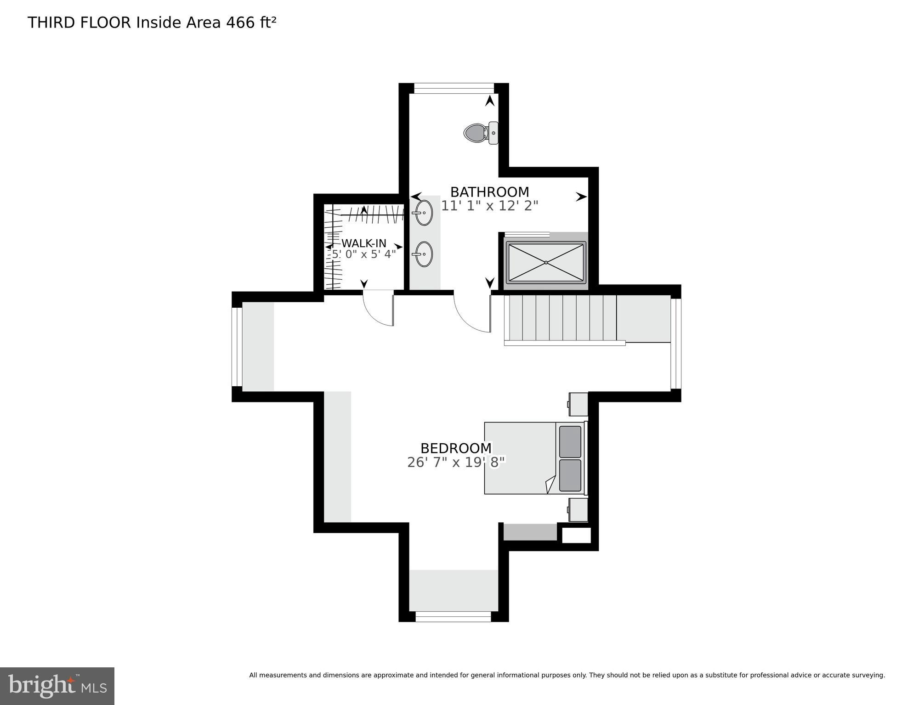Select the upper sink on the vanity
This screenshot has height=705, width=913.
click(424, 213)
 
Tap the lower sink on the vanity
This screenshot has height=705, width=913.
click(424, 254)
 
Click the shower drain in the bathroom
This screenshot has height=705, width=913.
click(546, 262)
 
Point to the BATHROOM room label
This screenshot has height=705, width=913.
click(489, 192)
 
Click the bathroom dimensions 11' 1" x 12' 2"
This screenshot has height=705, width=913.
click(489, 206)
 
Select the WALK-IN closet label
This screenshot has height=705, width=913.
click(363, 243)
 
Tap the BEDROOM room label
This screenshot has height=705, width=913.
click(456, 448)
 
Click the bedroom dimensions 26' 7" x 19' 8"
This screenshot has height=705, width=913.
click(456, 462)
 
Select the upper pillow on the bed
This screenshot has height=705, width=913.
click(570, 442)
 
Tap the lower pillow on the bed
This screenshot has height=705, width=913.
click(570, 475)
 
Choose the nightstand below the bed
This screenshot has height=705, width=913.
click(578, 510)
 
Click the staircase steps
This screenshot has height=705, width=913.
click(561, 318)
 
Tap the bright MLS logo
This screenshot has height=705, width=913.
click(57, 686)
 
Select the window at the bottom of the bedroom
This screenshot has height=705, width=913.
click(453, 616)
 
